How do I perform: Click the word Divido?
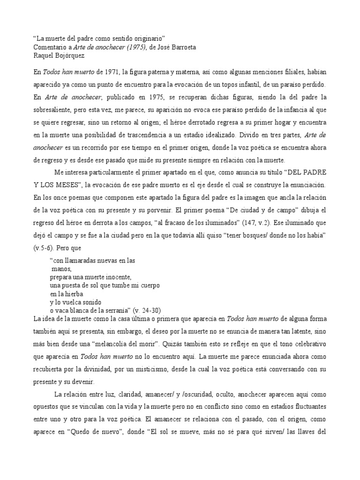coord(257,135)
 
